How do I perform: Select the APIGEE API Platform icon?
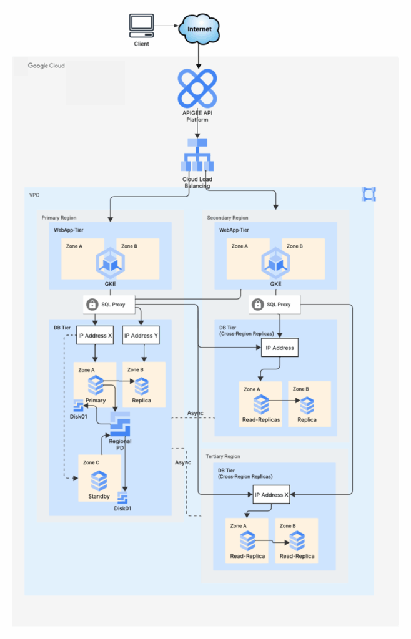coord(197,88)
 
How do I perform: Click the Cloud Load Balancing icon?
coord(197,156)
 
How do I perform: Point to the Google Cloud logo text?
coord(46,66)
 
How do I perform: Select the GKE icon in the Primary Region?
coord(110,263)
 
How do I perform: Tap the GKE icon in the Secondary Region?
coord(275,263)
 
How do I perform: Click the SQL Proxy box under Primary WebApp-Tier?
coord(110,305)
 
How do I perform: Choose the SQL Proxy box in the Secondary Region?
coord(275,305)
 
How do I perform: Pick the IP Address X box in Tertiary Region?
coord(272,495)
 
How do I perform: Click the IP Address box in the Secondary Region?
coord(280,347)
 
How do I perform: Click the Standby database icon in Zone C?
coord(99,480)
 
